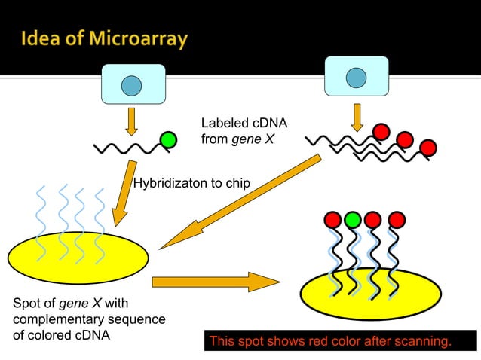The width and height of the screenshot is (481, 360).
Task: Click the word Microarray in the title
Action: [130, 39]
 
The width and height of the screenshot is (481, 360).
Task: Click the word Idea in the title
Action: [43, 38]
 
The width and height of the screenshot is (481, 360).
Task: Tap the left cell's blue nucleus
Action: [131, 84]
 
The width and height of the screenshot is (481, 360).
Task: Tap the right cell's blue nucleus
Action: [356, 78]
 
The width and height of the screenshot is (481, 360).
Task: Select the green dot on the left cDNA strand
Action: [169, 139]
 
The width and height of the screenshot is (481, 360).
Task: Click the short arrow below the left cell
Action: [131, 120]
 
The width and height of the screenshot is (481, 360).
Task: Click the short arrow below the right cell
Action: [357, 114]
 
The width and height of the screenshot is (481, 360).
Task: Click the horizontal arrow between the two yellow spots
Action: [216, 282]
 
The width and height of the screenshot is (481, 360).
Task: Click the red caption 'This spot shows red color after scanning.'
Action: [330, 342]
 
